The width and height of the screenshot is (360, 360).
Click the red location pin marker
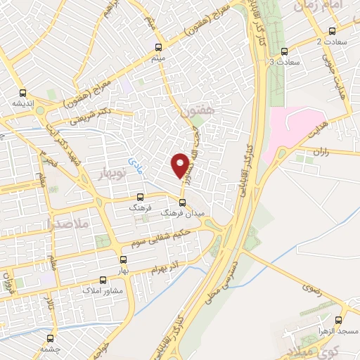pos(181,165)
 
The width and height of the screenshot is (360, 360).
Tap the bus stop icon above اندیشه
pos(22,92)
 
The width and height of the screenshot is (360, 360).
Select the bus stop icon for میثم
pos(158,49)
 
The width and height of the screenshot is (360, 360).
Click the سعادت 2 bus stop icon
pos(332,31)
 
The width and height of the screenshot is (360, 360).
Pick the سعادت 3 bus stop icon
pos(285,51)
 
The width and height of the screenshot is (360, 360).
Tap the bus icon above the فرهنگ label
pos(140,197)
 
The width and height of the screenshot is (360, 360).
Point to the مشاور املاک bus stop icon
pos(104,279)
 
